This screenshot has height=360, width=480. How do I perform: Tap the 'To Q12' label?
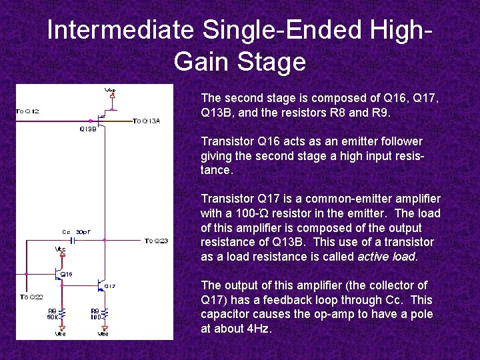[27, 111]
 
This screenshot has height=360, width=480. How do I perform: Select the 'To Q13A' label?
[146, 121]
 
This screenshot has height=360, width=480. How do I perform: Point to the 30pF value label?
[83, 232]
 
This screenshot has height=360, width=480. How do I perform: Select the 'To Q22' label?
[31, 297]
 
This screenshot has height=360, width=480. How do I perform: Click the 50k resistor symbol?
[61, 313]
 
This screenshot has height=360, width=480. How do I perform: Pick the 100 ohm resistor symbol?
[104, 313]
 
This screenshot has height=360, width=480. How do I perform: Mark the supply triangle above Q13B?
[112, 95]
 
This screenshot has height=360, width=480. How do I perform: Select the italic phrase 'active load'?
[387, 257]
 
